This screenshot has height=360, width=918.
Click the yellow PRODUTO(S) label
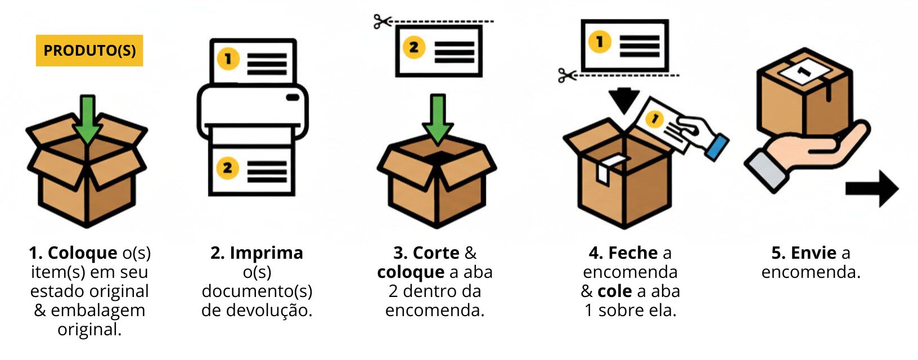[89, 51]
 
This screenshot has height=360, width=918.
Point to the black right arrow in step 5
[872, 188]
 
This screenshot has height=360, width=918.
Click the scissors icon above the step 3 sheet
[382, 22]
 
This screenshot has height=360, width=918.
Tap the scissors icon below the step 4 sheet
[567, 75]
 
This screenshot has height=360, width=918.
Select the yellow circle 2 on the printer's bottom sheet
[228, 168]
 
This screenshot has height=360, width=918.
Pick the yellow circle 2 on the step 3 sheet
[413, 47]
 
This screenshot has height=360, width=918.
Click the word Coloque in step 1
[83, 253]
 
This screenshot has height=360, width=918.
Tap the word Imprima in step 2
[266, 253]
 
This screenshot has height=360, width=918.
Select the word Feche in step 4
[633, 253]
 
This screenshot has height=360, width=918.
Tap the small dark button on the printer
[292, 97]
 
